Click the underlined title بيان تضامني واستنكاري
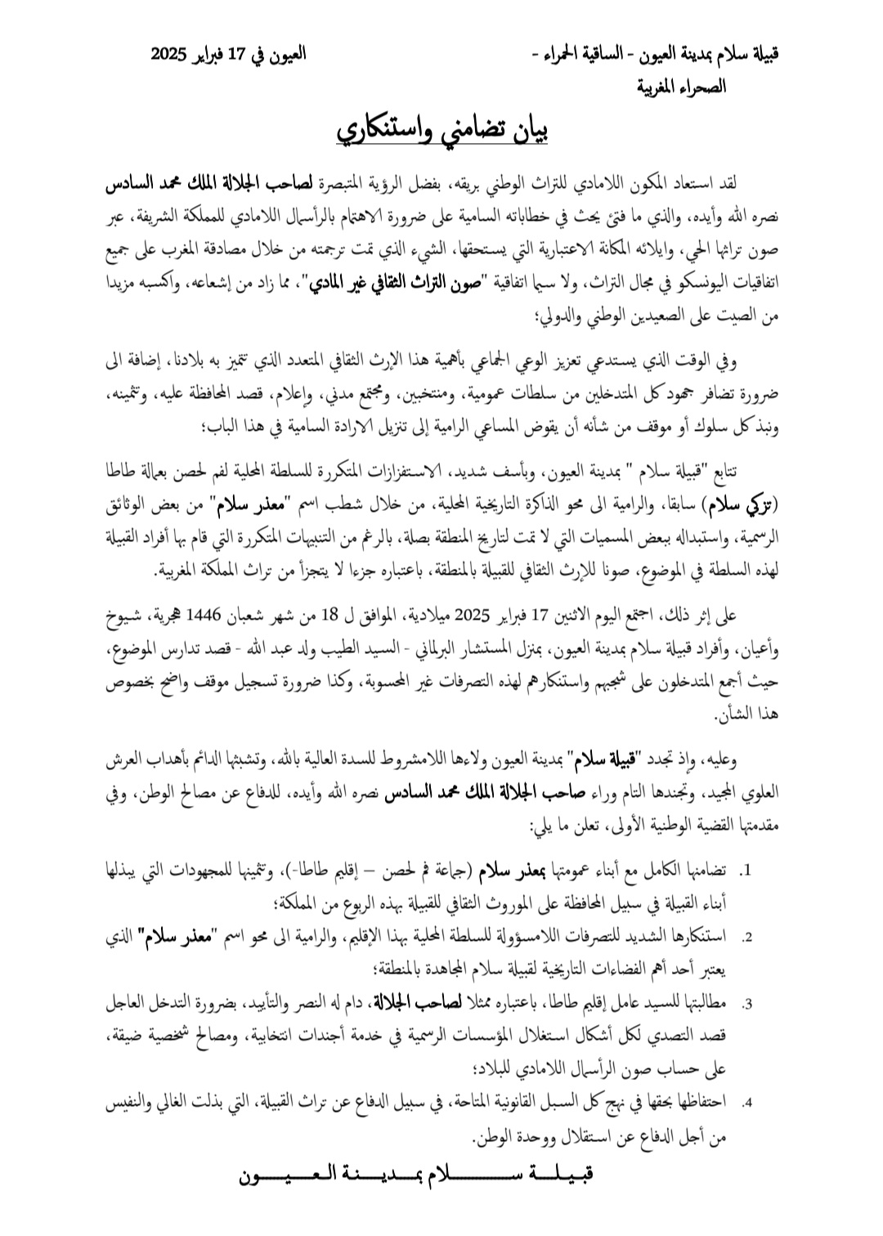click(x=441, y=131)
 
